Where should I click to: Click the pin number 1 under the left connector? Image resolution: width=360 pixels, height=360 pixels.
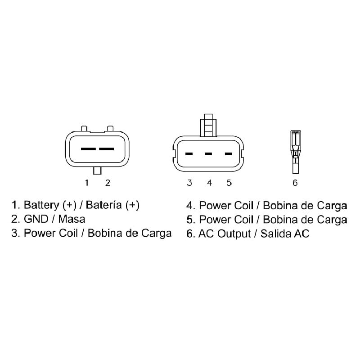click(x=87, y=183)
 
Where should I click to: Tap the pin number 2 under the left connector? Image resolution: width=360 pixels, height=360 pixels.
click(x=108, y=183)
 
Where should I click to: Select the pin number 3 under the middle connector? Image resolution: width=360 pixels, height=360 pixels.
click(x=189, y=183)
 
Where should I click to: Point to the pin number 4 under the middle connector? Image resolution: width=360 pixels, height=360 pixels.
click(x=209, y=183)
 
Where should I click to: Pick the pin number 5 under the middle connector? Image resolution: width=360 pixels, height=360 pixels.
click(x=229, y=183)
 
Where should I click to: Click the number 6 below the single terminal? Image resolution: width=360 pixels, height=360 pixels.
click(x=295, y=183)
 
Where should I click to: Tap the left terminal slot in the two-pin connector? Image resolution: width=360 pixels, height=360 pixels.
click(x=88, y=149)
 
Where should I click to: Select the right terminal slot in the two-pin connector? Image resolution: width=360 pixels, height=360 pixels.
click(x=106, y=149)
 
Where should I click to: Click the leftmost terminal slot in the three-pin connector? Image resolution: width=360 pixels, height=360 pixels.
click(x=189, y=154)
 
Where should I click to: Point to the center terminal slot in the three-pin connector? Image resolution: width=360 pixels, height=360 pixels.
click(x=208, y=154)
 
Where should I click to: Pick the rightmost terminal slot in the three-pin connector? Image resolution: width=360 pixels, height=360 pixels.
click(x=228, y=154)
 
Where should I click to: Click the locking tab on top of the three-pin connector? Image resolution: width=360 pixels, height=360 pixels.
click(x=208, y=126)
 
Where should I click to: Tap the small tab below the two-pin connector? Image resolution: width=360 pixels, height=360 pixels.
click(x=97, y=171)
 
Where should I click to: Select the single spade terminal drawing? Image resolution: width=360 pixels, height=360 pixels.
click(x=296, y=152)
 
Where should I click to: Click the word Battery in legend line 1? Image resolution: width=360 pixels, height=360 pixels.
click(x=41, y=205)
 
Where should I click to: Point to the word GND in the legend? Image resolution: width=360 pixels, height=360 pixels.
click(x=36, y=219)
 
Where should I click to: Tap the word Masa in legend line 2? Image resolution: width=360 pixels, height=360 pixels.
click(x=72, y=219)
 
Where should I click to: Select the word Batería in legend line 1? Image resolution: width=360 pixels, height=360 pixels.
click(x=103, y=205)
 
